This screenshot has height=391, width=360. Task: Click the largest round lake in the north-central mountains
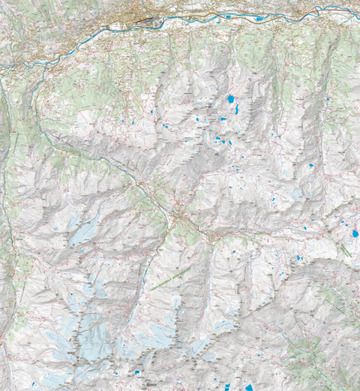tap(229, 99)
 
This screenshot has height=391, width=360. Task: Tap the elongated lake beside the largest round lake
tap(237, 109)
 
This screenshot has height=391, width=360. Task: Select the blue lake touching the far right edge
tap(355, 233)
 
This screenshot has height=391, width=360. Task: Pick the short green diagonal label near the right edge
tap(346, 250)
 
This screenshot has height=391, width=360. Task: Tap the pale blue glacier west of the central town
tap(85, 231)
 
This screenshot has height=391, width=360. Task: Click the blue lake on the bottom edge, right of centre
tap(249, 387)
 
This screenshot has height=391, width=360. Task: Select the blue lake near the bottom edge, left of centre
tap(138, 372)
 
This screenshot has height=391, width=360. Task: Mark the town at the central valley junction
tap(178, 217)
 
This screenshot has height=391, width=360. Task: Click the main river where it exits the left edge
tap(2, 68)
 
